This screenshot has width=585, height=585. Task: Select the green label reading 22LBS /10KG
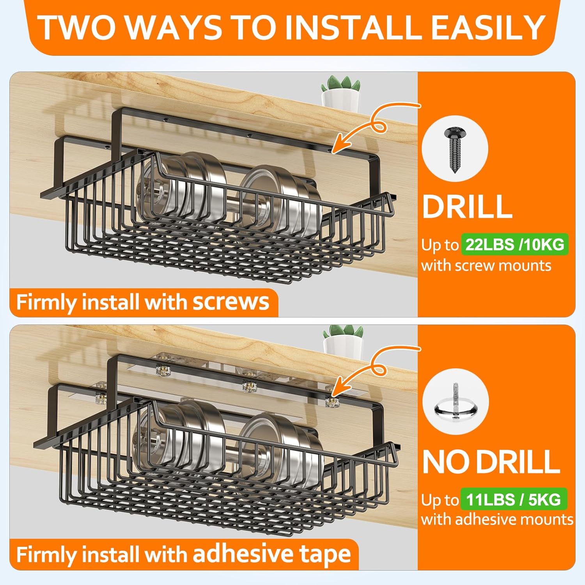pyautogui.click(x=515, y=245)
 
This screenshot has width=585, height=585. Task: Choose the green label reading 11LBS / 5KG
pyautogui.click(x=513, y=499)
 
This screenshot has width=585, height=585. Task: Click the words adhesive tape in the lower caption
pyautogui.click(x=272, y=554)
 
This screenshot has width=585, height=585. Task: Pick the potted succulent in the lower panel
pyautogui.click(x=342, y=342)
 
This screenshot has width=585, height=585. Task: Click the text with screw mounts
pyautogui.click(x=486, y=266)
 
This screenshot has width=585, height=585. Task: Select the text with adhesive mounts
pyautogui.click(x=497, y=519)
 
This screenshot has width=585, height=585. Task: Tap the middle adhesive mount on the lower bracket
pyautogui.click(x=250, y=386)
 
